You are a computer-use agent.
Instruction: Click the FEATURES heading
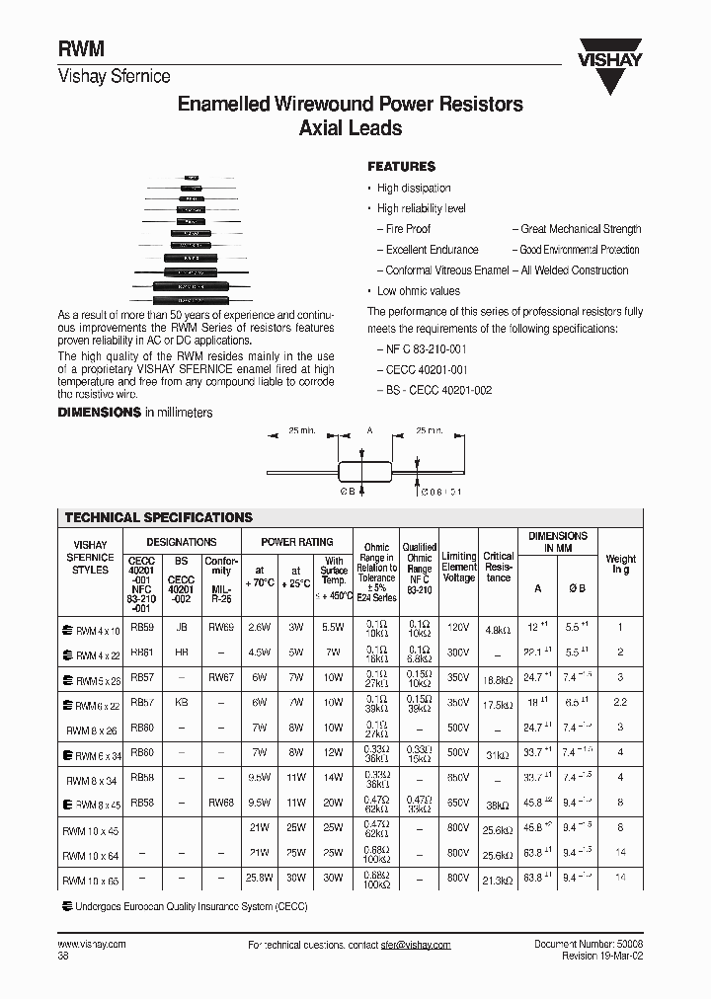pyautogui.click(x=401, y=167)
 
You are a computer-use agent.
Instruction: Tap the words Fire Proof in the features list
pyautogui.click(x=408, y=229)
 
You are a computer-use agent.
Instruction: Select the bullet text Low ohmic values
pyautogui.click(x=419, y=291)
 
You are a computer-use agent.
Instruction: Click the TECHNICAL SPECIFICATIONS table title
pyautogui.click(x=158, y=517)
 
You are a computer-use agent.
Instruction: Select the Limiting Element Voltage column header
pyautogui.click(x=458, y=567)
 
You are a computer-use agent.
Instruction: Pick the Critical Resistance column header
pyautogui.click(x=499, y=567)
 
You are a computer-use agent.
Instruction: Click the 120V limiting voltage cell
pyautogui.click(x=458, y=629)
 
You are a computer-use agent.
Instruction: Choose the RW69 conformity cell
pyautogui.click(x=222, y=627)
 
